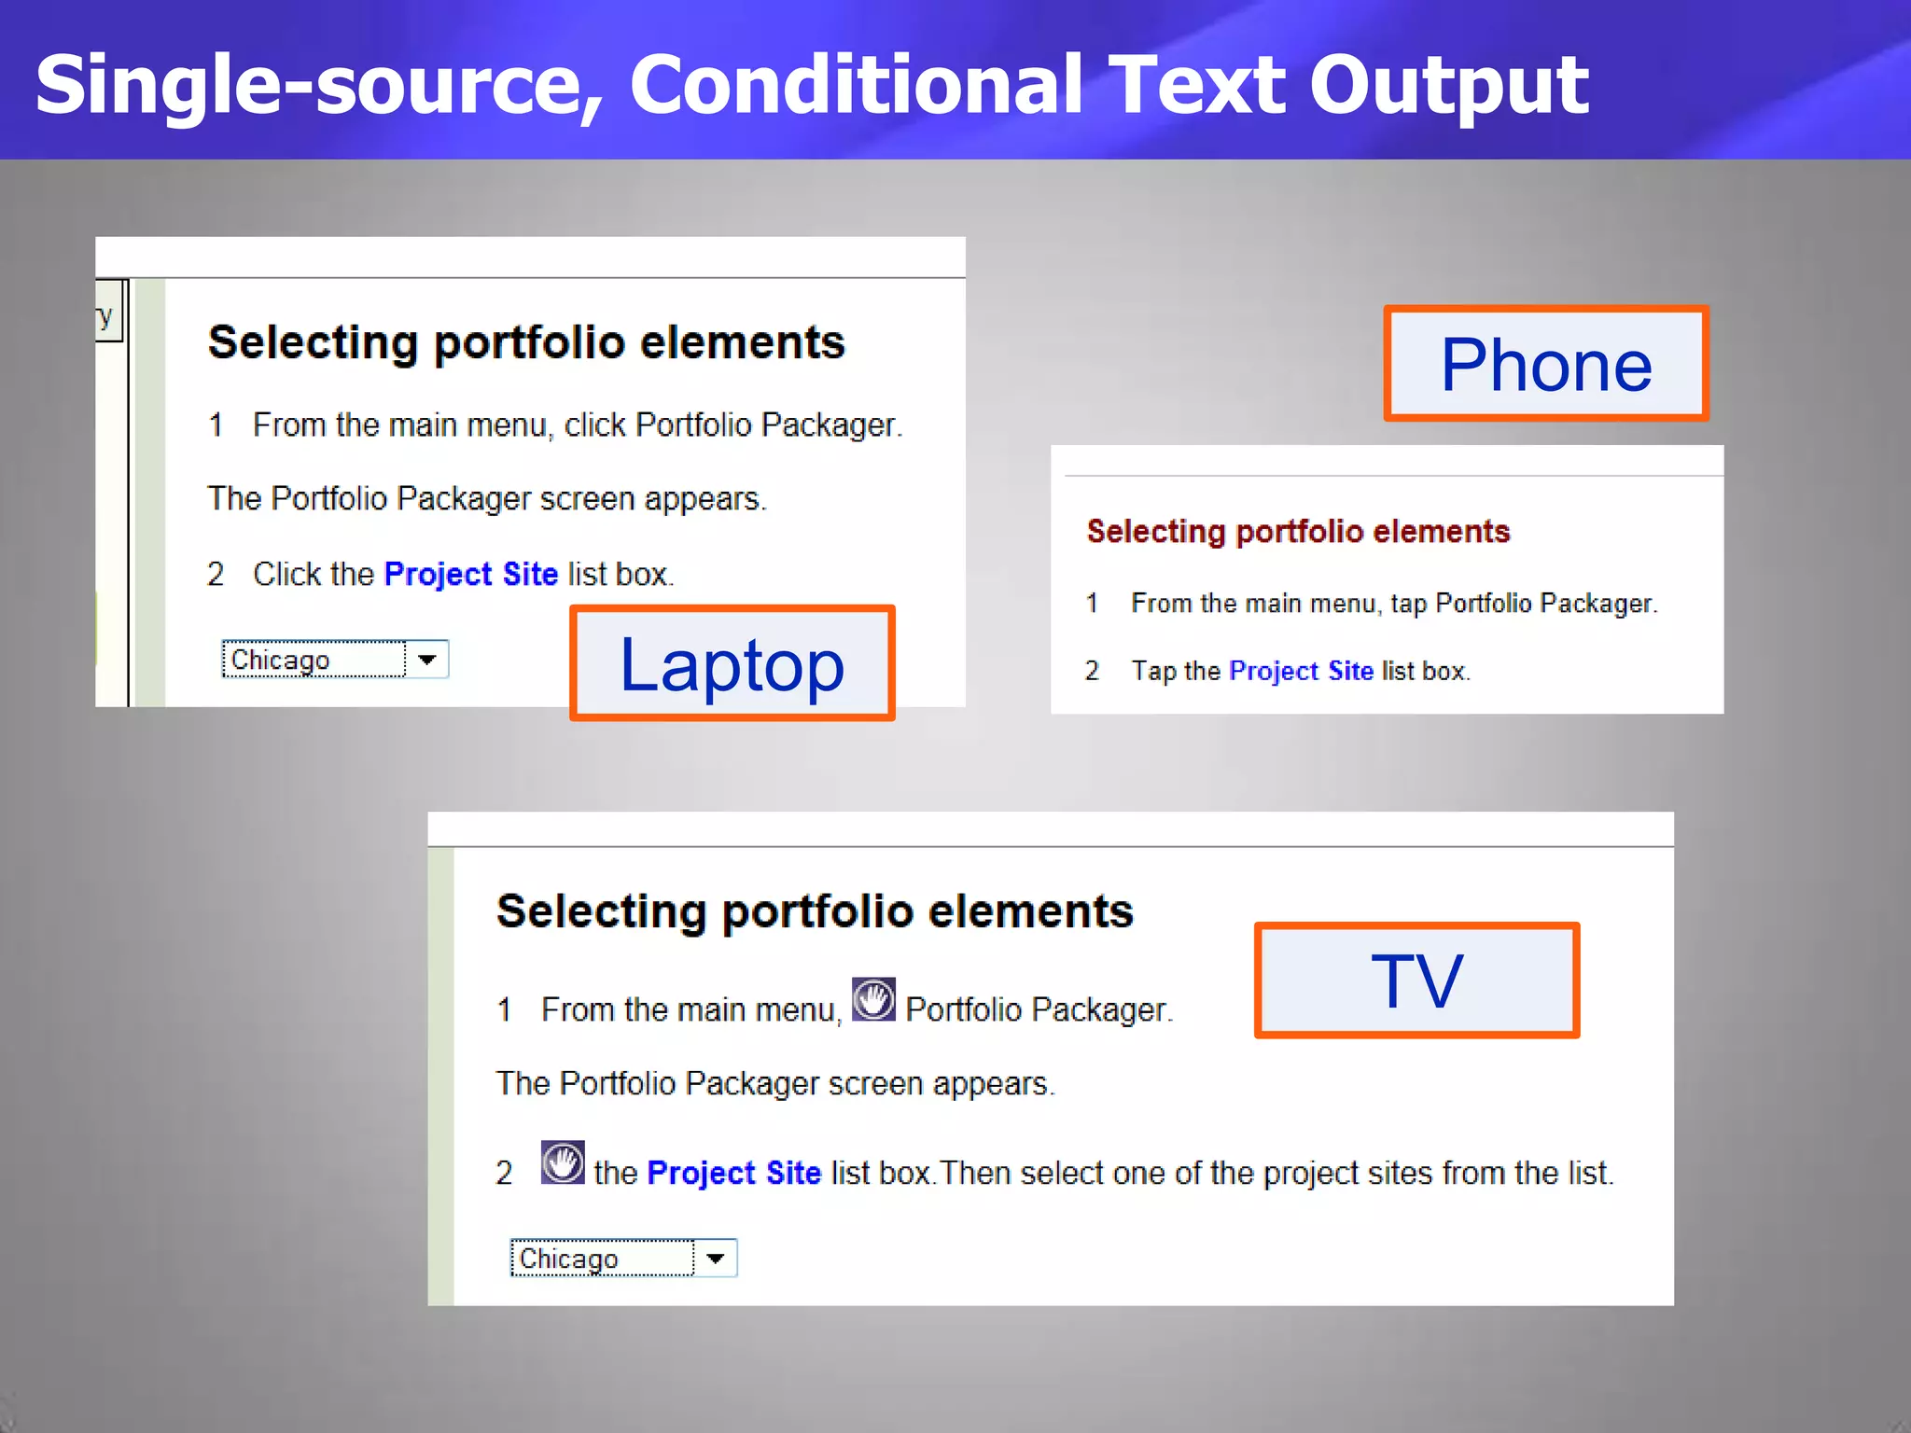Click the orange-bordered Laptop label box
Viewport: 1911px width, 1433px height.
point(732,663)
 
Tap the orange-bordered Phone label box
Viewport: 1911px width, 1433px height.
point(1546,364)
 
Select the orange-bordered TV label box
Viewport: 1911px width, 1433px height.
point(1416,981)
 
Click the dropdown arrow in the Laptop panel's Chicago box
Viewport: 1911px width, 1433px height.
point(427,660)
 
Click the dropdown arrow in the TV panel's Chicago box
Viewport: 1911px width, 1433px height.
point(716,1259)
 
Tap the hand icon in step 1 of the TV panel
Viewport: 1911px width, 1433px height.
point(873,1000)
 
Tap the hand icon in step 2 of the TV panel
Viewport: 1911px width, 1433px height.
point(563,1162)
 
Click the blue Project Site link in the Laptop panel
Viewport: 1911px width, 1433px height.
point(470,574)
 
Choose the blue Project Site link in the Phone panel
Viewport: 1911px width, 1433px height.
point(1301,671)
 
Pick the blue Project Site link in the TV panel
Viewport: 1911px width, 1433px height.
point(733,1173)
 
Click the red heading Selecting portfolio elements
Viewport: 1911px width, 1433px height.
point(1298,531)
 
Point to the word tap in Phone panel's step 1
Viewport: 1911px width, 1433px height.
point(1408,605)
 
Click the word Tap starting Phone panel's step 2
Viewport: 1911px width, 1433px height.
point(1153,671)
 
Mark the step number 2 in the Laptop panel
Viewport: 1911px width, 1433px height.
point(216,575)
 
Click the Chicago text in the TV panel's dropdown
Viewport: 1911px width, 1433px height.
point(568,1259)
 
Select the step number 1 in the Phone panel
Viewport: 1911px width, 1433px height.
point(1092,604)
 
